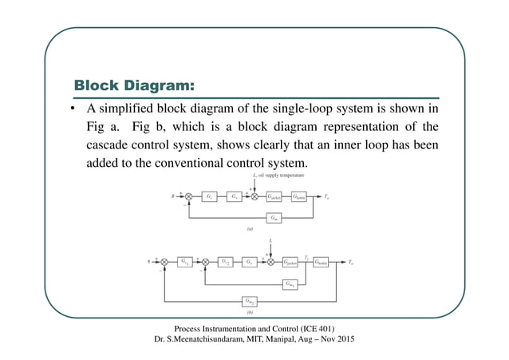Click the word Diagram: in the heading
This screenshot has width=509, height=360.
(x=158, y=85)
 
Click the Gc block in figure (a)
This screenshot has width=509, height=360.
(x=208, y=195)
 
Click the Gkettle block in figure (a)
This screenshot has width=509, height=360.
(x=302, y=195)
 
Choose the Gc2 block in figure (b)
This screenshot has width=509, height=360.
(x=226, y=261)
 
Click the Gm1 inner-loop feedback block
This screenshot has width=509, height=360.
(x=292, y=283)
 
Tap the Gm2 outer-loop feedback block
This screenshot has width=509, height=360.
(x=251, y=301)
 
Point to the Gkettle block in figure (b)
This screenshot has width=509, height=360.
(x=322, y=261)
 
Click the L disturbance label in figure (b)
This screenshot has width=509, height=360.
(x=271, y=239)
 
